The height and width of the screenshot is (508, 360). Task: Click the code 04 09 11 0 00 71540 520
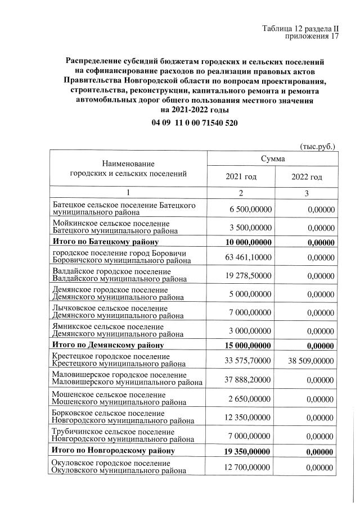[x=193, y=123]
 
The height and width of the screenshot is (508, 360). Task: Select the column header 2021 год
[x=241, y=177]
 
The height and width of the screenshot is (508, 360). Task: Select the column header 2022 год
[x=307, y=177]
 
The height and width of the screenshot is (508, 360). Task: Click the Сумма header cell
[x=273, y=160]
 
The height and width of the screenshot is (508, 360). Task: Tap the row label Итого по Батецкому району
[x=105, y=242]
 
